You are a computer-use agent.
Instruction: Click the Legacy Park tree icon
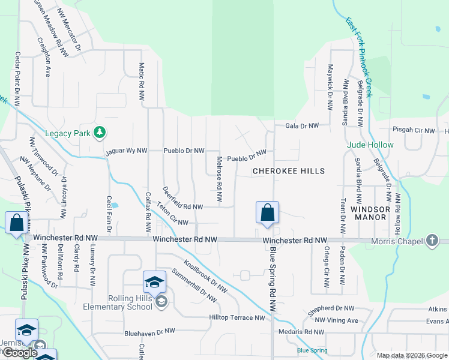click(x=101, y=133)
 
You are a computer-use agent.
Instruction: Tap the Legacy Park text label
click(x=67, y=133)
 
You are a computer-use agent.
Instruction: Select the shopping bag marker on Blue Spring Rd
click(x=267, y=213)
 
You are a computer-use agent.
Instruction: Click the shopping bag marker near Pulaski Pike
click(x=16, y=223)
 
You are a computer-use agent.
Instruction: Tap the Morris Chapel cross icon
click(x=432, y=241)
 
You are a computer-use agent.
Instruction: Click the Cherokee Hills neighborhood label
click(x=288, y=171)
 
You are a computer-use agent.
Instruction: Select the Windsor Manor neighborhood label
click(x=370, y=213)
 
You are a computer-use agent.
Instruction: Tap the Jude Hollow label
click(x=370, y=145)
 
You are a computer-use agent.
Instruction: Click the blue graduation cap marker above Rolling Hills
click(x=154, y=283)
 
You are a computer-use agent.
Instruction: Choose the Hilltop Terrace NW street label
click(x=237, y=318)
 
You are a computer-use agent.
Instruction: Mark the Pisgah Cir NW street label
click(x=413, y=130)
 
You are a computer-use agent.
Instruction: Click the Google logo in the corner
click(x=20, y=353)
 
